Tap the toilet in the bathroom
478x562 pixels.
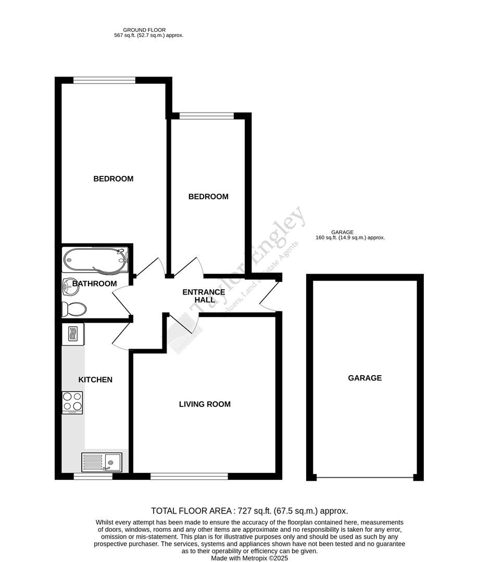click(73, 309)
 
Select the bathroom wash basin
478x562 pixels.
click(68, 285)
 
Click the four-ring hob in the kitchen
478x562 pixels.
click(72, 402)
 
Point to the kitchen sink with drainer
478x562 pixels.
click(102, 461)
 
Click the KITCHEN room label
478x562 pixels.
click(95, 380)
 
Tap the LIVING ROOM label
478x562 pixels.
click(205, 404)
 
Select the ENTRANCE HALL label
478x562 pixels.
click(204, 296)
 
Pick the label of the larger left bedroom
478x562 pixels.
click(113, 179)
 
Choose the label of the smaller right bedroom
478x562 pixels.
click(208, 197)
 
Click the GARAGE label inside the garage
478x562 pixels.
click(364, 378)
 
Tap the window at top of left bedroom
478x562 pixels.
click(104, 80)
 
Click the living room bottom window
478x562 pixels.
click(189, 476)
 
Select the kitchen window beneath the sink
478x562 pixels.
click(93, 476)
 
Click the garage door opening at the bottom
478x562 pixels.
click(364, 477)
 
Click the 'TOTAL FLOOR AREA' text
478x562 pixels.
click(249, 511)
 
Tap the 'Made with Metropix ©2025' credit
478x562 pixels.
click(249, 558)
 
